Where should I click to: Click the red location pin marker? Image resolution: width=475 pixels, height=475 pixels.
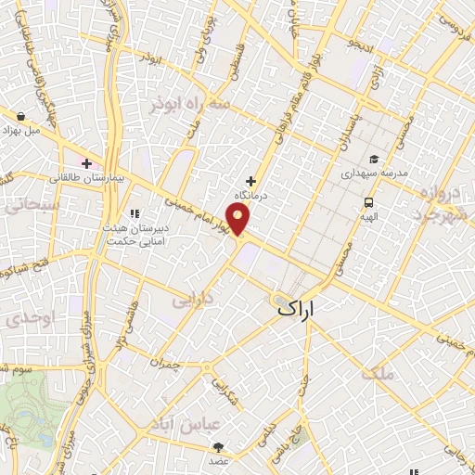pyautogui.click(x=239, y=218)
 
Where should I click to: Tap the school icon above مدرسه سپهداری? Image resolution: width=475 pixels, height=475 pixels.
pyautogui.click(x=373, y=159)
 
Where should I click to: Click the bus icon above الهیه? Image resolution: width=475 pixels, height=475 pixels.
pyautogui.click(x=368, y=202)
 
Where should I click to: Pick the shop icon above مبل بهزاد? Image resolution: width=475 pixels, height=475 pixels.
pyautogui.click(x=20, y=117)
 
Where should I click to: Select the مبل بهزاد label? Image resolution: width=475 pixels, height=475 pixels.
pyautogui.click(x=20, y=132)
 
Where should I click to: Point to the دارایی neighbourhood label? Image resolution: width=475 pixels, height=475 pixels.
pyautogui.click(x=194, y=300)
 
